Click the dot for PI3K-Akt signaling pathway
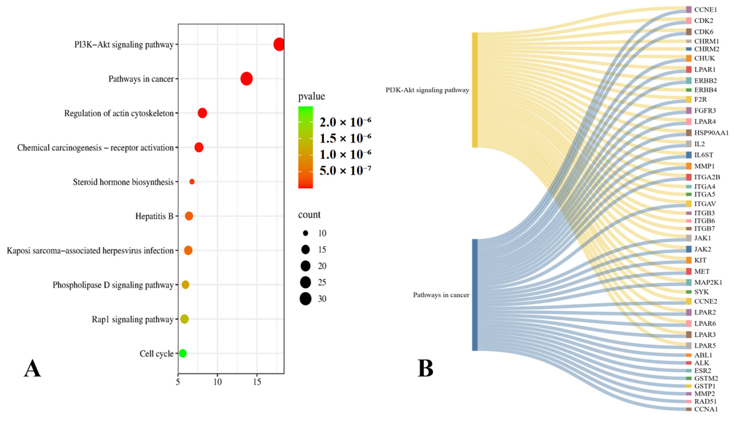tap(279, 44)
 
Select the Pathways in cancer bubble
tap(247, 78)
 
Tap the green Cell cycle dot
tap(183, 353)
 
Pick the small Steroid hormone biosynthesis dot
tap(192, 182)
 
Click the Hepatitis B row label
tap(154, 216)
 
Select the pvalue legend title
tap(311, 96)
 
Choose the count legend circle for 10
tap(305, 233)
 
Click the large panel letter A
tap(32, 368)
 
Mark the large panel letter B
tap(425, 368)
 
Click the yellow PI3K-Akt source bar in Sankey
tap(475, 90)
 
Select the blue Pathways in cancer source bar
tap(475, 295)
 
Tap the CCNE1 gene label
tap(705, 9)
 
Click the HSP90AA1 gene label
tap(711, 133)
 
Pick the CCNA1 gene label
tap(706, 409)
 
